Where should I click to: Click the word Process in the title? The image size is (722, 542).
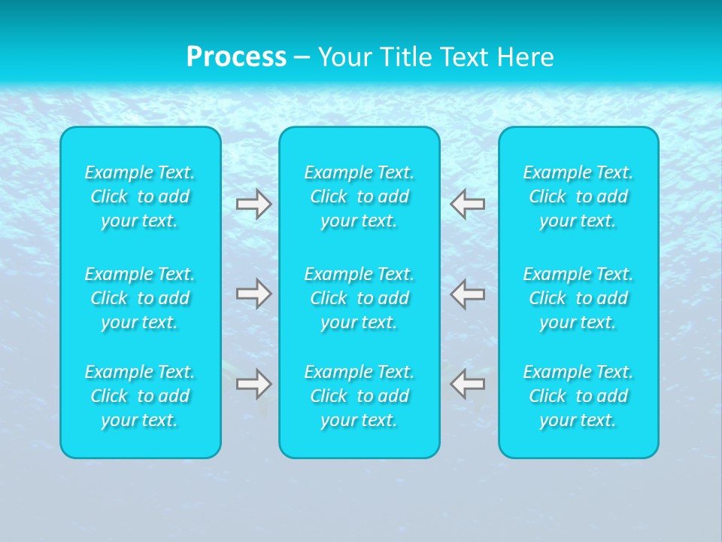[x=236, y=56]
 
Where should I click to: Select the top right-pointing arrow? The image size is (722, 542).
[x=253, y=203]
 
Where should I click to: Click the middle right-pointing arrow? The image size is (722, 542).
[x=253, y=294]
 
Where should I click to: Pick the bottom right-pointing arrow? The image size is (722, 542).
[x=253, y=384]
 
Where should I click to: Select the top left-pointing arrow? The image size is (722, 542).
[x=467, y=203]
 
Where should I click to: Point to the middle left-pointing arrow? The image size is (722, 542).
[x=467, y=294]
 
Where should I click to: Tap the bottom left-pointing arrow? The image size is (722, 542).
[x=467, y=384]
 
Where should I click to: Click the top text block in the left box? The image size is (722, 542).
[x=140, y=196]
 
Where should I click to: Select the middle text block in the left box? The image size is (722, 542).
[x=140, y=298]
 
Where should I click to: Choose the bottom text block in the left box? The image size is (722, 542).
[x=140, y=396]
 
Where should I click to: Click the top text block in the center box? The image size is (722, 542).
[x=359, y=196]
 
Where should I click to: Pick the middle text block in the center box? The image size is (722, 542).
[x=359, y=298]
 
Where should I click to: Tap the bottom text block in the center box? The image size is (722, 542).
[x=359, y=396]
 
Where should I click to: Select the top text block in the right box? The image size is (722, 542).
[x=578, y=196]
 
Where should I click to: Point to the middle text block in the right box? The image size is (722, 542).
[x=578, y=298]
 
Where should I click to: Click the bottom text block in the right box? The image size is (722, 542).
[x=578, y=396]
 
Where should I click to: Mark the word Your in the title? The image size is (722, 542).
[x=343, y=56]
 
